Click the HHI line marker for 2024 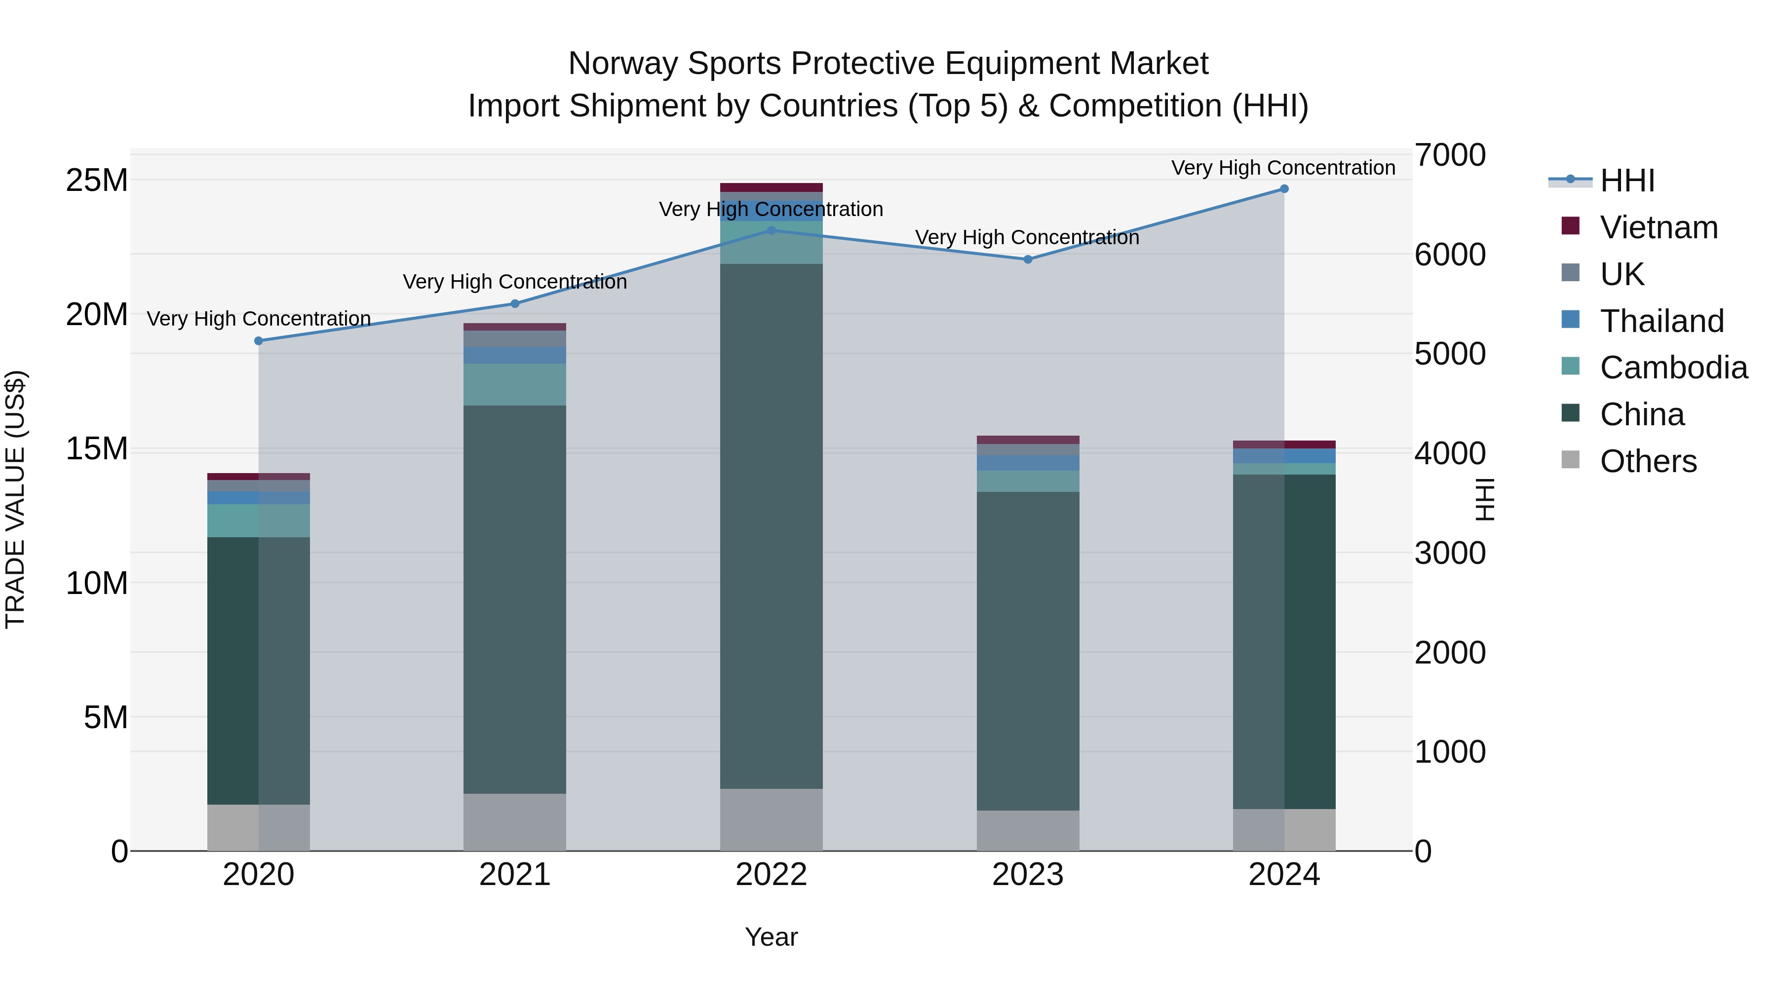[1284, 188]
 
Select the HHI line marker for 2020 [259, 340]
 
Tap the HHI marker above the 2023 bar [1028, 259]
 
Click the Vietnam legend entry [1659, 227]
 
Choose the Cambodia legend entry [1673, 368]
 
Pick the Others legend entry [1647, 461]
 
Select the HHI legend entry [1626, 181]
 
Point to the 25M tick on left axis [97, 180]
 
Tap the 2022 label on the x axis [771, 875]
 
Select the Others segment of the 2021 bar [515, 822]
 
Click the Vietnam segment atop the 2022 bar [771, 187]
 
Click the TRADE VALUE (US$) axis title [15, 499]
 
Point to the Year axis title [771, 937]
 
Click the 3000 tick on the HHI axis [1449, 553]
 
